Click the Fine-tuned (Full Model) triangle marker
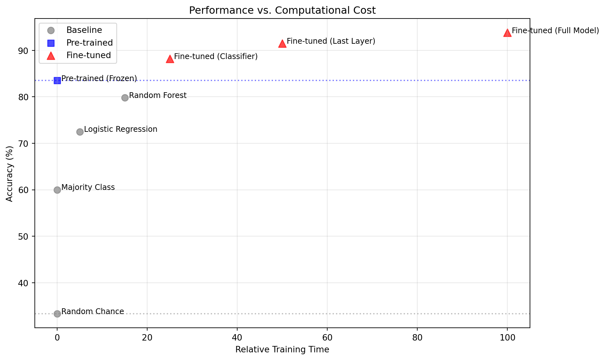[x=507, y=33]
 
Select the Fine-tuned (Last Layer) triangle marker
[x=282, y=44]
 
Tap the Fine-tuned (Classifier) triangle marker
[x=170, y=59]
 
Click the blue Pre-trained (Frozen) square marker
[x=57, y=80]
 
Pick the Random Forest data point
[x=125, y=98]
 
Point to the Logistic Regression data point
[x=80, y=132]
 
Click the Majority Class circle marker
[x=57, y=190]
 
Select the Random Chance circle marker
[x=57, y=314]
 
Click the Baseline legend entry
[x=84, y=30]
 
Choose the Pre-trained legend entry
[x=89, y=43]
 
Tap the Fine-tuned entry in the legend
[x=88, y=55]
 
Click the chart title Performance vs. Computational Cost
[x=282, y=11]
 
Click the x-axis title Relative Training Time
[x=282, y=349]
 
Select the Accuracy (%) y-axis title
[x=10, y=174]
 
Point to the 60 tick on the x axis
[x=327, y=338]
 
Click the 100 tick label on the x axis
[x=507, y=338]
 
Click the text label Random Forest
[x=158, y=95]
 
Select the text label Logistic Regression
[x=121, y=129]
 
